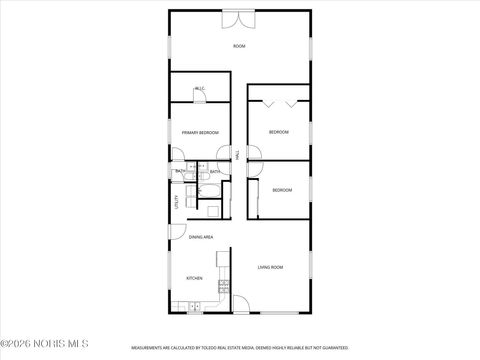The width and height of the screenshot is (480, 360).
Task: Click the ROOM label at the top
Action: coord(239,46)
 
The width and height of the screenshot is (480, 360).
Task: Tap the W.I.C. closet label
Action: coord(200,88)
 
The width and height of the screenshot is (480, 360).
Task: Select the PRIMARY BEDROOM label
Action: coord(200,132)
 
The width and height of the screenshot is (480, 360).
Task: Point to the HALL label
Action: coord(237,155)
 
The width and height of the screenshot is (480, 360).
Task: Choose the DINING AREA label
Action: coord(201,237)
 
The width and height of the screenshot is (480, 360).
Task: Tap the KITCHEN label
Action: coord(194,278)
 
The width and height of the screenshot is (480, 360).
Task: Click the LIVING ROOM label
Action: coord(270,267)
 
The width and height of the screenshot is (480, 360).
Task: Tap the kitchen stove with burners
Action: coord(224,287)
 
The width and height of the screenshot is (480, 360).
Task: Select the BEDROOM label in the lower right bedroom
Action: coord(282,190)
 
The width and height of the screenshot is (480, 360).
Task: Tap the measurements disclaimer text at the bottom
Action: coord(240,350)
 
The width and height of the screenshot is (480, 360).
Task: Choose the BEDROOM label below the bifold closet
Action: coord(278,132)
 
